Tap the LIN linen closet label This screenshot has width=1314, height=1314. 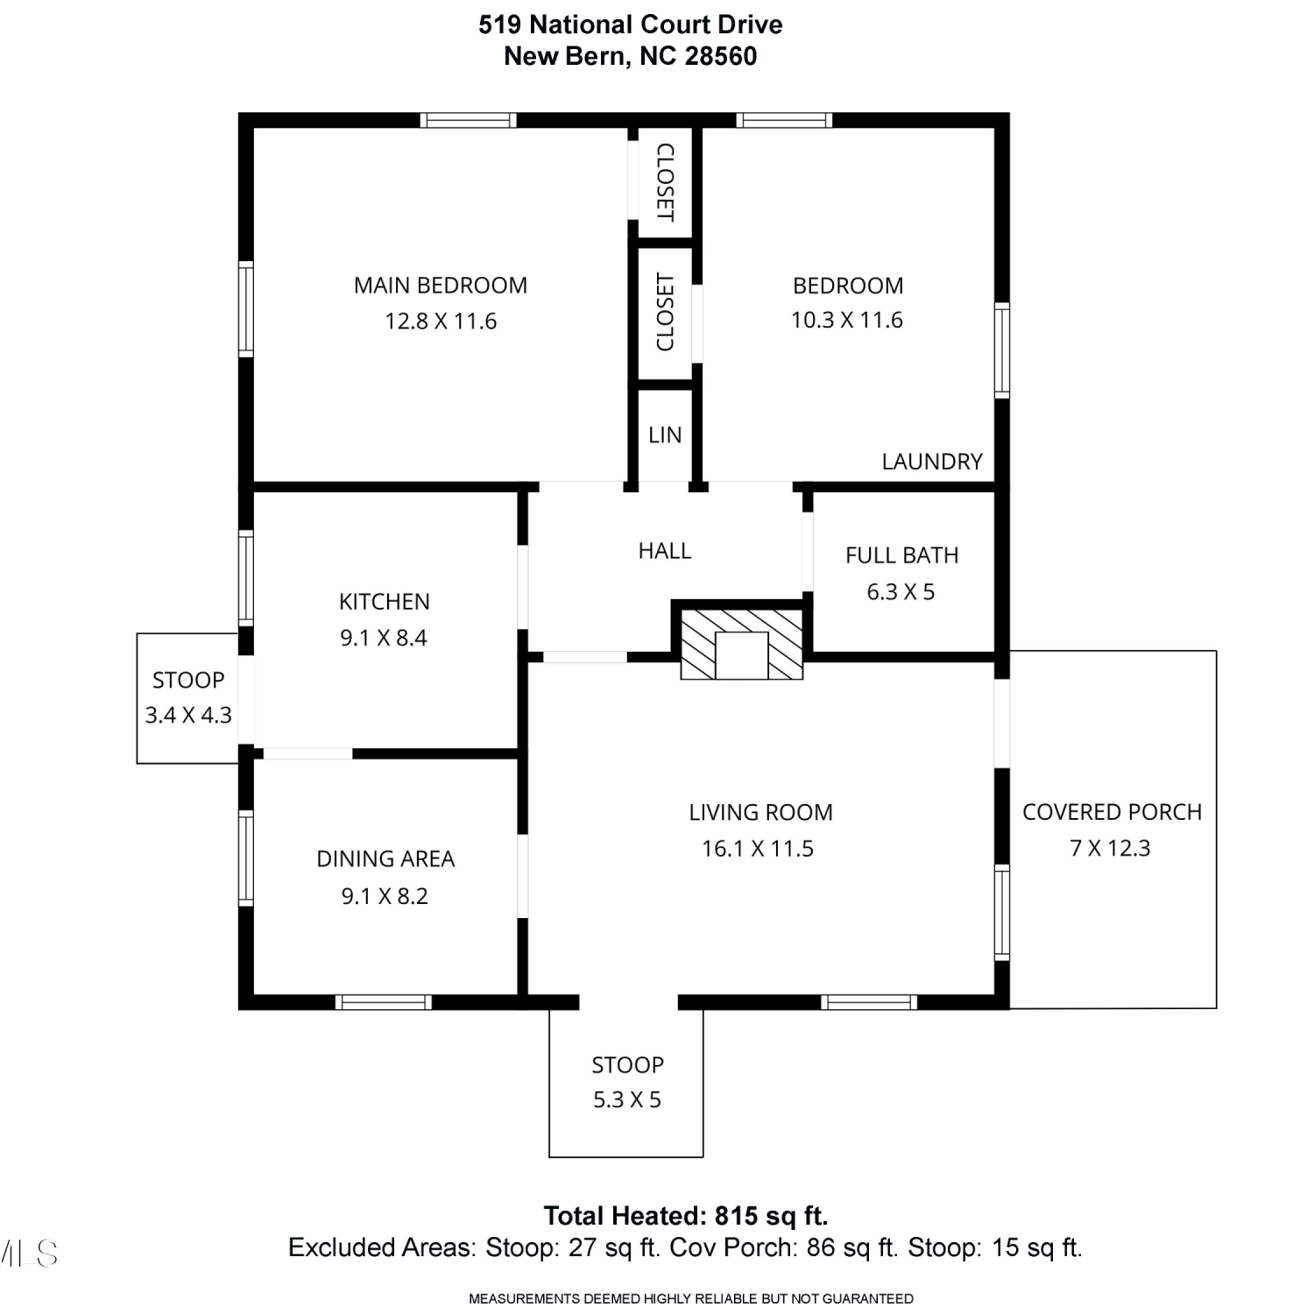[x=665, y=435]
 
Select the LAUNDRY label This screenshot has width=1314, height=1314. [x=932, y=462]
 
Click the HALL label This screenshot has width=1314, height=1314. [x=665, y=551]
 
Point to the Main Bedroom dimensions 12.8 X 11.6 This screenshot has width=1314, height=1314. [x=441, y=321]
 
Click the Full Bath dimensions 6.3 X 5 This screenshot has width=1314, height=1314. [x=901, y=592]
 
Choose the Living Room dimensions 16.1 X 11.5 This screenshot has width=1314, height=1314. [x=758, y=849]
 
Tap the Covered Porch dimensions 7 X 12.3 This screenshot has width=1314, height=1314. [x=1110, y=848]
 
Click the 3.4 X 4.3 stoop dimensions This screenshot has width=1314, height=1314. [x=188, y=715]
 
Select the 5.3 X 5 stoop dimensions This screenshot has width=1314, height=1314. [x=627, y=1099]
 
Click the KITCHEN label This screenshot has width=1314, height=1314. [x=385, y=602]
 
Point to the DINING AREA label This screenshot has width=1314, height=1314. [x=385, y=859]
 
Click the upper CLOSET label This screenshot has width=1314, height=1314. [x=665, y=182]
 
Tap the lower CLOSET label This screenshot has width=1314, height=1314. [x=665, y=313]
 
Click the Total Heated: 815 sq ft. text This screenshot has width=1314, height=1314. [x=686, y=1216]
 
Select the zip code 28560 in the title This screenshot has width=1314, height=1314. [x=721, y=56]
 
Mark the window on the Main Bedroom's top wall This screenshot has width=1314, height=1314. [x=468, y=120]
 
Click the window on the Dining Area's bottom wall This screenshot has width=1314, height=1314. [x=384, y=1002]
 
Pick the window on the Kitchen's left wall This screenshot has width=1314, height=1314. [x=246, y=578]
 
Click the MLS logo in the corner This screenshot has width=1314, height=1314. [x=28, y=1254]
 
